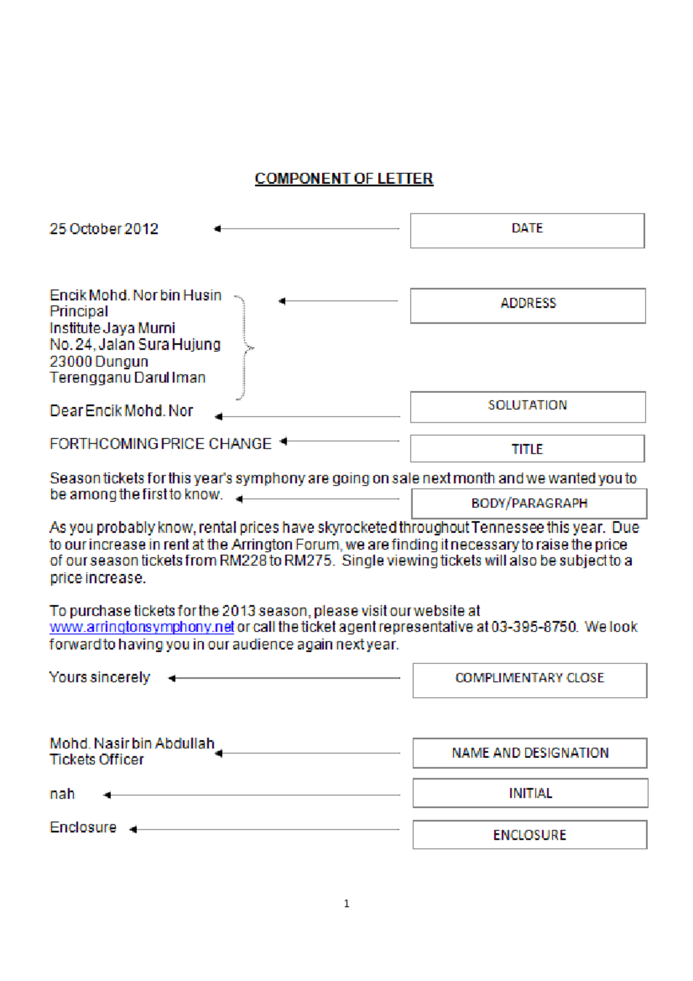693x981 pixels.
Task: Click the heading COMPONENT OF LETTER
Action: pos(344,179)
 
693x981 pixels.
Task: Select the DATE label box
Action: pos(527,231)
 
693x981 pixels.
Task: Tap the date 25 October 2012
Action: pos(104,229)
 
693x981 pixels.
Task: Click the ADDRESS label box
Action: pos(528,305)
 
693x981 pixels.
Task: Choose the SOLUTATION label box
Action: pos(527,407)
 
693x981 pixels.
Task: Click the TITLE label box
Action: pos(527,448)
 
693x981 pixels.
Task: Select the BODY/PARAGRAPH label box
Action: pos(529,503)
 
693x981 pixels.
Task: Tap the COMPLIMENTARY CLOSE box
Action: pos(530,680)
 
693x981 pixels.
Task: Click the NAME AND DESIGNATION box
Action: pos(530,753)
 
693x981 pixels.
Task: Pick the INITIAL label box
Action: pos(530,793)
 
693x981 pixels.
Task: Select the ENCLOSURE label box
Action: pos(530,835)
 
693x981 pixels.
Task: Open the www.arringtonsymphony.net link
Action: pos(141,627)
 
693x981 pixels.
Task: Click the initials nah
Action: pos(62,794)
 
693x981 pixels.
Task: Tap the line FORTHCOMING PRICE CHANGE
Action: pos(161,444)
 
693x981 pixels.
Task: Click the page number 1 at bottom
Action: pos(346,904)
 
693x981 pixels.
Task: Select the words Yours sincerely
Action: pos(99,677)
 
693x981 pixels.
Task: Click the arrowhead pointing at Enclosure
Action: pos(133,830)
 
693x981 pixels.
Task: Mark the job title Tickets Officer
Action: pos(96,760)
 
